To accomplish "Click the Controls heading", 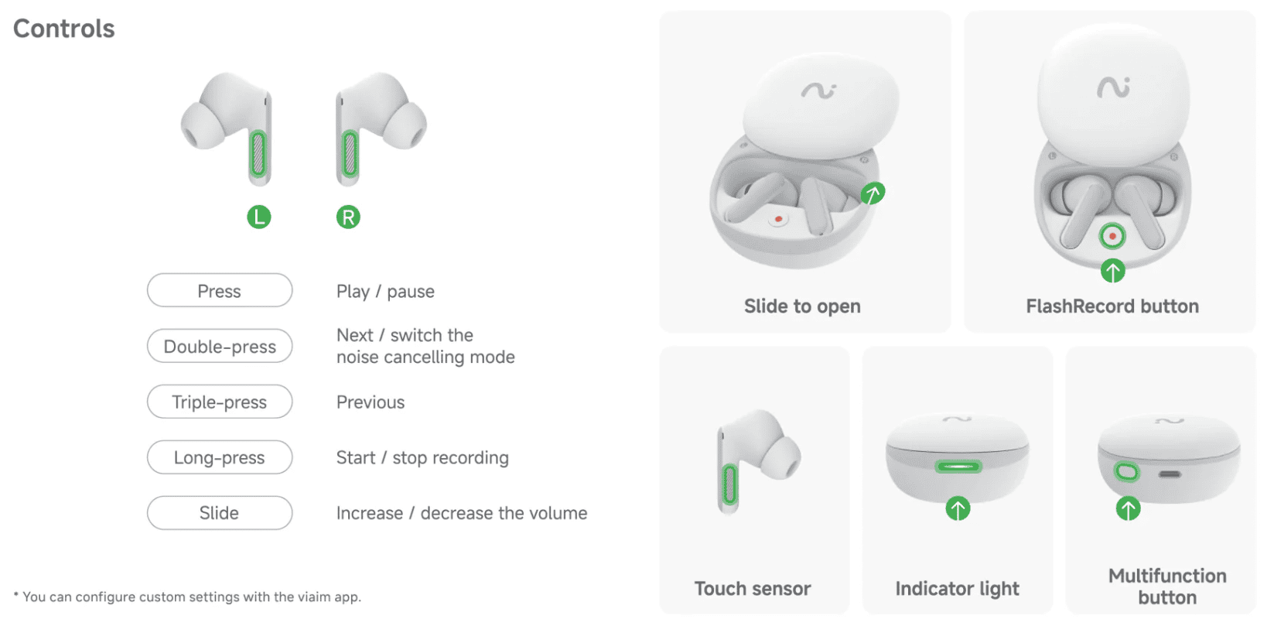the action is [63, 29].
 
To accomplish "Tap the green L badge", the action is [259, 217].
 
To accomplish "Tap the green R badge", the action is [348, 217].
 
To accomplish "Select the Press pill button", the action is [220, 290].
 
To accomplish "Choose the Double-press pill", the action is [220, 346].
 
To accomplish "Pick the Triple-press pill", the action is [220, 402].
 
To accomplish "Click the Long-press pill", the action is [220, 457].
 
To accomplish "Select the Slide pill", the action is [220, 512].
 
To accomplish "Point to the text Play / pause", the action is [385, 291].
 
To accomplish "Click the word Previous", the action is [371, 402].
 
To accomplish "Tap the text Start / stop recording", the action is [422, 457].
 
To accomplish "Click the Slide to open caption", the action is [802, 306].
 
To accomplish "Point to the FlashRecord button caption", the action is [1112, 306].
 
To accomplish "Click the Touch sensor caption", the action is [753, 588].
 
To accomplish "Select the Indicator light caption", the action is [957, 589].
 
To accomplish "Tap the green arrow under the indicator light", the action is [958, 508].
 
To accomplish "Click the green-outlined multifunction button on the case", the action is [1127, 472].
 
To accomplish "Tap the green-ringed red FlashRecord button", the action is [1112, 236].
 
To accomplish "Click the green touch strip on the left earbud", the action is [258, 154].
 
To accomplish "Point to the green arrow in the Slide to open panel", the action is [873, 193].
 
